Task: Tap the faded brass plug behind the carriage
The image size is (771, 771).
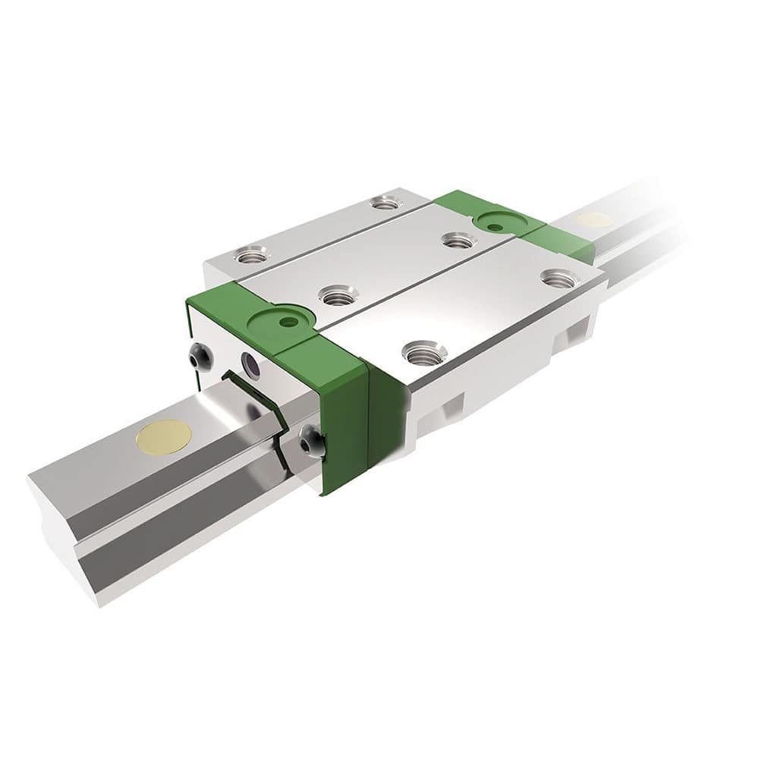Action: pos(593,220)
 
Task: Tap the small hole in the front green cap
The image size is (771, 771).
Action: pos(286,322)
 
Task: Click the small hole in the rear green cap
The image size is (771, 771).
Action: pos(495,226)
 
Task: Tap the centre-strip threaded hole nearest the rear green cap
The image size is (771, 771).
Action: pos(458,241)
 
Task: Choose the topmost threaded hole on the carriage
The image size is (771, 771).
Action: pos(386,203)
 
